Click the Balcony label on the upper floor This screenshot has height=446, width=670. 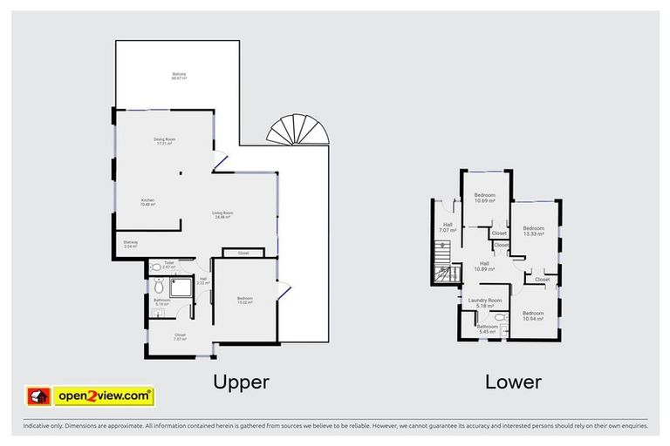179,77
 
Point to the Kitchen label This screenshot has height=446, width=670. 148,202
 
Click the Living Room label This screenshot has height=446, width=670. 222,214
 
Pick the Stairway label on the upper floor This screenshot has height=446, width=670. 132,245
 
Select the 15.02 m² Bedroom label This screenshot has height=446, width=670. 244,301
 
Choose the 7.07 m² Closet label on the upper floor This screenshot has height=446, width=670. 180,336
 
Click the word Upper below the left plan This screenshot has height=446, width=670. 242,382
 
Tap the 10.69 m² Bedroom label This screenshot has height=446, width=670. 484,198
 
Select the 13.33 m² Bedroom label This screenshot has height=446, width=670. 529,231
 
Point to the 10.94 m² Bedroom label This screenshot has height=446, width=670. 532,315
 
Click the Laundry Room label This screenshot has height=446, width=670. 485,304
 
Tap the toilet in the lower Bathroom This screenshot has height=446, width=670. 500,320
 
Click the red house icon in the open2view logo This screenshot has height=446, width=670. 38,396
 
